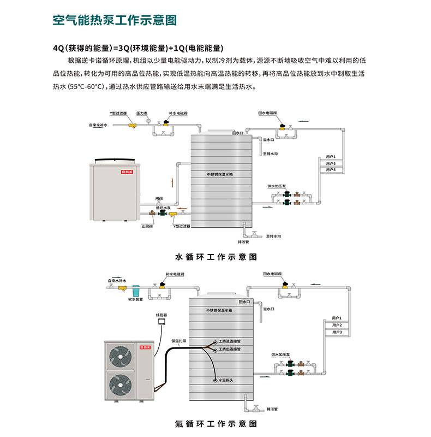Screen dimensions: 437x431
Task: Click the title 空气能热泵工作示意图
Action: (x=115, y=21)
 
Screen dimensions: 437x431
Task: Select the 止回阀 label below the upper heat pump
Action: (x=147, y=226)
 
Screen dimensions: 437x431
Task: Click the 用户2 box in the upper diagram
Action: (x=331, y=163)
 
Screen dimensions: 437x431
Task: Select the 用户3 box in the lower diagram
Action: (x=337, y=332)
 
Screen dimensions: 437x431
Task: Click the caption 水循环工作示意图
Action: (x=215, y=256)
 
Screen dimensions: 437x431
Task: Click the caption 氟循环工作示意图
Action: (x=215, y=423)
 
